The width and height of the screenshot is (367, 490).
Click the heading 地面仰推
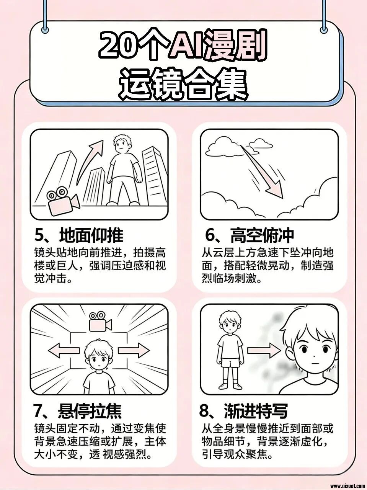(91, 235)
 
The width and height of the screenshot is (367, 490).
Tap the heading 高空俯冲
(262, 235)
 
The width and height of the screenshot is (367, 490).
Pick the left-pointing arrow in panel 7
(64, 350)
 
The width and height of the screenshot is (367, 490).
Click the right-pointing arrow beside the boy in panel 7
(134, 350)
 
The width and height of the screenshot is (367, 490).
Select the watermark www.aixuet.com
(347, 485)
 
